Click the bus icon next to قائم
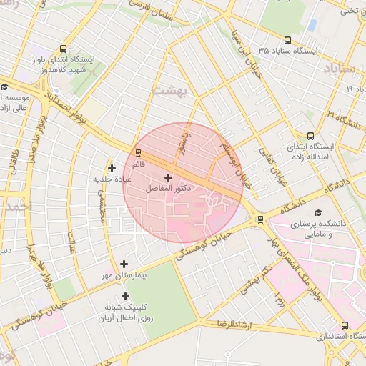tap(139, 152)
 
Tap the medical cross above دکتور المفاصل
tap(168, 177)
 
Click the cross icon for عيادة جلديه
tap(112, 168)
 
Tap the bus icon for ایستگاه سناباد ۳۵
tap(287, 41)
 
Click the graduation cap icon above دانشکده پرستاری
tap(317, 212)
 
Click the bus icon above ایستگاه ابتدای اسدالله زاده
tap(310, 136)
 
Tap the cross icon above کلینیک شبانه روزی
tap(126, 296)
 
